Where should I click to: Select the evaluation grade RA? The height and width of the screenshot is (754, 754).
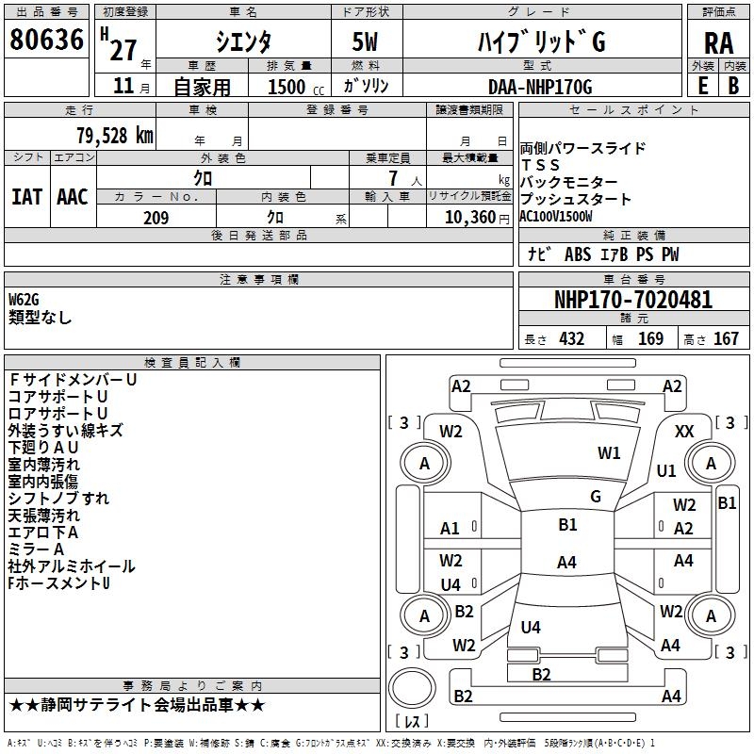coord(718,41)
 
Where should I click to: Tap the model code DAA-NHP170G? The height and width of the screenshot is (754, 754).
coord(540,87)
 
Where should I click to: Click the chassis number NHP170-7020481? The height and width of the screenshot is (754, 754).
coord(633,301)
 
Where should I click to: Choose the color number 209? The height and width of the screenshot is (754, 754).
coord(156,219)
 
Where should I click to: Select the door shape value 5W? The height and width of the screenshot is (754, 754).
coord(365,41)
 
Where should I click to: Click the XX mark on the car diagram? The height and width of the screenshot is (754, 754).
coord(685,431)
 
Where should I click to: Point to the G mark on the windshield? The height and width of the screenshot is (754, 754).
coord(596,496)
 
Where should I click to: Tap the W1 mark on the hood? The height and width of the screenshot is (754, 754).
coord(610,453)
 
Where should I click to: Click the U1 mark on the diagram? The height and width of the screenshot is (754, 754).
coord(666,471)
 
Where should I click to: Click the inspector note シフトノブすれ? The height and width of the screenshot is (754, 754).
coord(58,499)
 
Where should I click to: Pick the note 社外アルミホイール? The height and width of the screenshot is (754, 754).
coord(72,566)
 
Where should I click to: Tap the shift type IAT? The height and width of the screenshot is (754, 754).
coord(26,197)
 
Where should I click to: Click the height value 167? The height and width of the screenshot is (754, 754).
coord(726,339)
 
